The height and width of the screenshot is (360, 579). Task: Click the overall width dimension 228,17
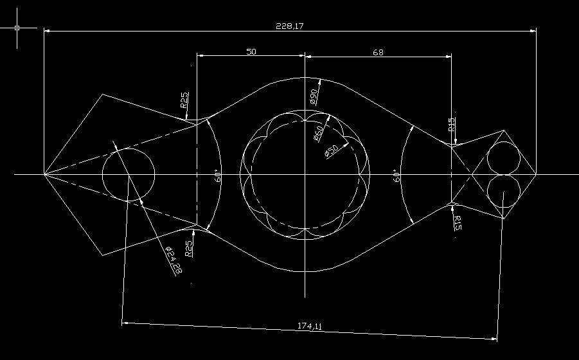pos(290,26)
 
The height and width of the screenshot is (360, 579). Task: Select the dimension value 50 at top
pos(251,51)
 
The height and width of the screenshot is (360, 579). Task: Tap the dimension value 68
pos(378,53)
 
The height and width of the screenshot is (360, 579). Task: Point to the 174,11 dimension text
pos(310,326)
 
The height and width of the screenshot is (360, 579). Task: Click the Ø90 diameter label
pos(314,96)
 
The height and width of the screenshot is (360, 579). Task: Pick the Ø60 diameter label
pos(319,133)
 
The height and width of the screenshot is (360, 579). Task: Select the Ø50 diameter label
pos(332,150)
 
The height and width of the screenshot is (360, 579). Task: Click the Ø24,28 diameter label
pos(174,260)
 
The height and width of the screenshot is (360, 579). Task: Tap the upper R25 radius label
pos(184,100)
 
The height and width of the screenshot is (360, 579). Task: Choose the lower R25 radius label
pos(189,249)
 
